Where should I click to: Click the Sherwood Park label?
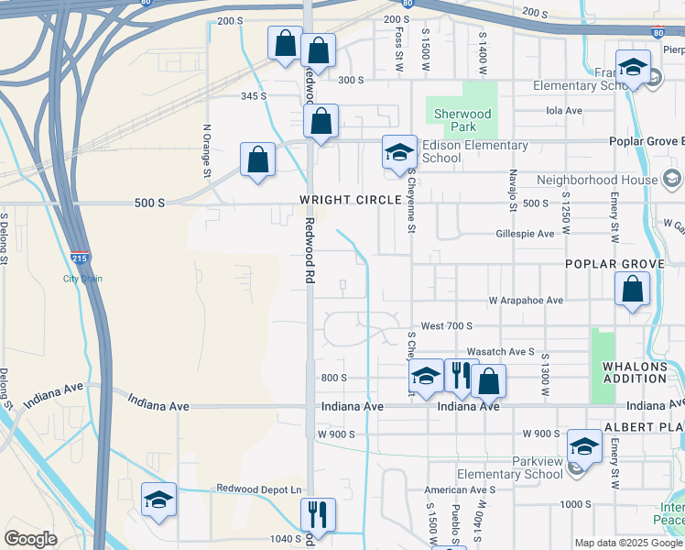462,120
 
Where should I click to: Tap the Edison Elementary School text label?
473,151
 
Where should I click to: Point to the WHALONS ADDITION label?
635,372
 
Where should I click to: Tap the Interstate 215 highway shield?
80,260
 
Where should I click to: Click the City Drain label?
82,279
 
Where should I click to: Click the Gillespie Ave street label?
525,234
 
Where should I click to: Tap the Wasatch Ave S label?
500,351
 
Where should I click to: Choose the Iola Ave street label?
564,111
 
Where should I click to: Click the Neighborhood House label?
597,180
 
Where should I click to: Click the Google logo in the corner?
31,538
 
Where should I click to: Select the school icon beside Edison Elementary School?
399,153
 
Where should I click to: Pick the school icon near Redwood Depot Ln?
158,500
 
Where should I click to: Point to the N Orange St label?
207,150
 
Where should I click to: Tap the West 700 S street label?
446,326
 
